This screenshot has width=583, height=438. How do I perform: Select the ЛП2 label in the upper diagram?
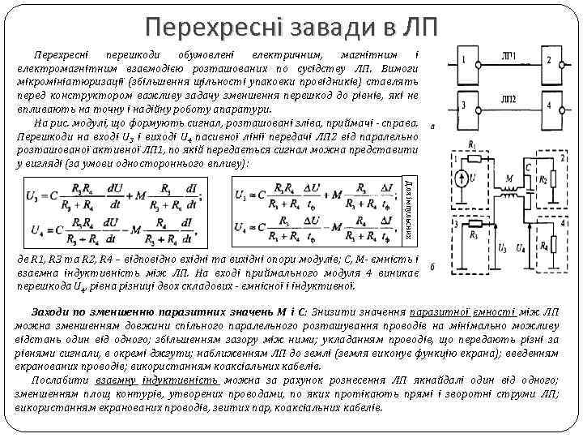pyautogui.click(x=509, y=99)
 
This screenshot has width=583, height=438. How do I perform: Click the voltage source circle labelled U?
pyautogui.click(x=459, y=178)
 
